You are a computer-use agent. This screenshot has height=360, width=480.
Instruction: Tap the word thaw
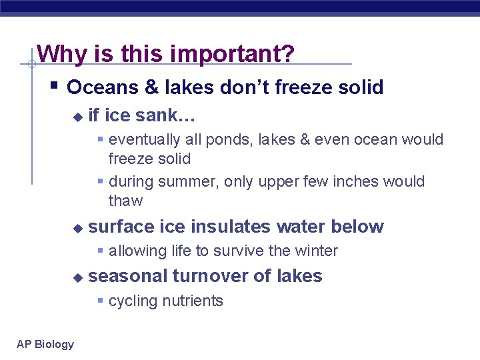pyautogui.click(x=125, y=201)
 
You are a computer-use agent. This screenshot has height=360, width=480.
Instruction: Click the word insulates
pyautogui.click(x=231, y=227)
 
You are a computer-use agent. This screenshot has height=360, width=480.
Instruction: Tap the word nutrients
pyautogui.click(x=193, y=301)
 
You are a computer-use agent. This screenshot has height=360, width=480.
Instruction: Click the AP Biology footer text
pyautogui.click(x=45, y=344)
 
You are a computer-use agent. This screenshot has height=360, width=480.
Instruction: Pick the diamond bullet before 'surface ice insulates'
pyautogui.click(x=77, y=228)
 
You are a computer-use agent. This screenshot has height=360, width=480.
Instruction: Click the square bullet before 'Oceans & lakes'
pyautogui.click(x=55, y=86)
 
